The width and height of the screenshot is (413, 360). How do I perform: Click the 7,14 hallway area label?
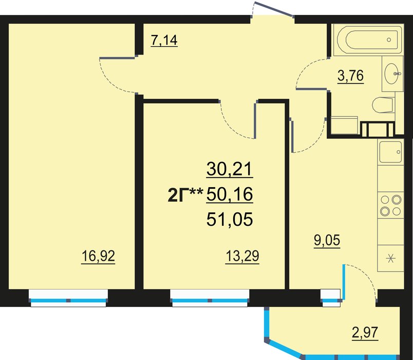[x=164, y=41]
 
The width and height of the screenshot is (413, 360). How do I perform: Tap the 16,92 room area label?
[x=98, y=256]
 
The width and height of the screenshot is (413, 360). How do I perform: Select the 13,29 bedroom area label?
[x=242, y=256]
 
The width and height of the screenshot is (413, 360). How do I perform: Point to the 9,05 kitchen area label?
[x=327, y=241]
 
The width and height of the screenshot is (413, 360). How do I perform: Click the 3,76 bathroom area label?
[x=350, y=76]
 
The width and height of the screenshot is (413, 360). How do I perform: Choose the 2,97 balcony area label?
[x=365, y=333]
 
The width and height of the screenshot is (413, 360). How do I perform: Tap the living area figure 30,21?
[x=230, y=169]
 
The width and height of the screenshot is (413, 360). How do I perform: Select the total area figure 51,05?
[x=230, y=219]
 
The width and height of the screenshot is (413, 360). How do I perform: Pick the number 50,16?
[x=230, y=194]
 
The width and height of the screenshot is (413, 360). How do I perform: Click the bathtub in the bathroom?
[x=367, y=40]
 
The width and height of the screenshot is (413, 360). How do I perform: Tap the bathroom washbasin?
[x=392, y=74]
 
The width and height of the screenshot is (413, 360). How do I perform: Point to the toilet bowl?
[x=383, y=105]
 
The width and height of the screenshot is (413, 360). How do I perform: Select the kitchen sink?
[x=390, y=152]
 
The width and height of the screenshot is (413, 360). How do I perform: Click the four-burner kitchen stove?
[x=390, y=205]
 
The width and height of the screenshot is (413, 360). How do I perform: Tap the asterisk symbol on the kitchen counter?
[x=390, y=259]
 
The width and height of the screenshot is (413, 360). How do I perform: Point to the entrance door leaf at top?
[x=274, y=9]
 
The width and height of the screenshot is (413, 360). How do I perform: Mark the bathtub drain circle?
[x=389, y=40]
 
